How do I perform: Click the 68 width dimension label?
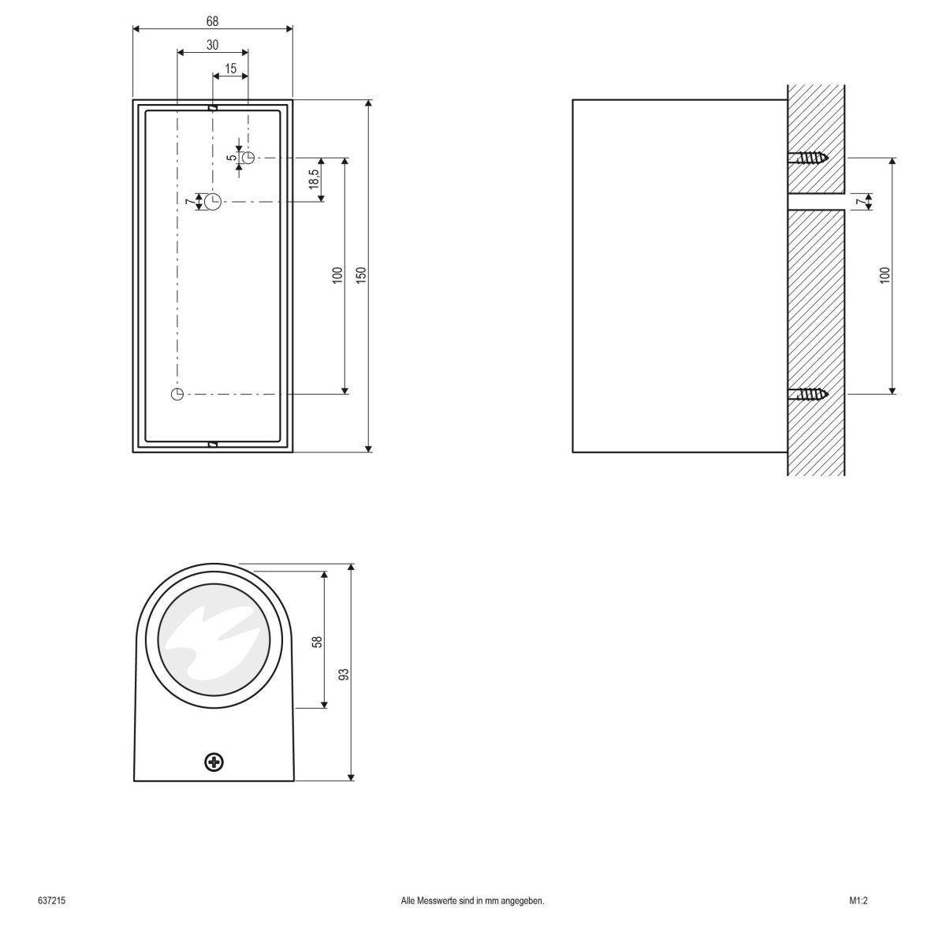213,20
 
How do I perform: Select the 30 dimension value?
213,45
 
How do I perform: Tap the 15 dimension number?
230,69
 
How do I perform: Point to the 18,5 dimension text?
314,179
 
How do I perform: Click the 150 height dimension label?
361,276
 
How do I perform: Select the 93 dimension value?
344,674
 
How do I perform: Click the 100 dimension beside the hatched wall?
885,275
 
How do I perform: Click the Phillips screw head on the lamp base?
214,762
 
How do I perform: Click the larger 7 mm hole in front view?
213,202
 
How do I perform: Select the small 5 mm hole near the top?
248,158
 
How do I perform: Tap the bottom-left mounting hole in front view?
177,393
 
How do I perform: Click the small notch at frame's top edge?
212,107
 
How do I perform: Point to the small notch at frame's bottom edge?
212,445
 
